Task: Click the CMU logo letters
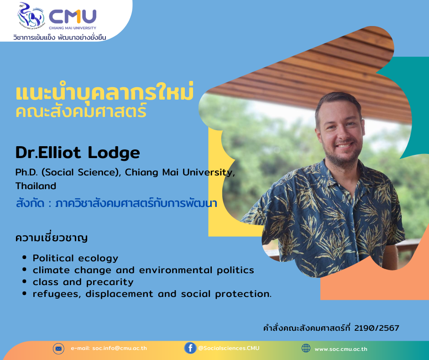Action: click(x=73, y=17)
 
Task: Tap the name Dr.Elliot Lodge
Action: click(x=78, y=152)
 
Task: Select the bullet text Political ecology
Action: click(x=75, y=258)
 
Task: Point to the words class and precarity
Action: click(x=83, y=282)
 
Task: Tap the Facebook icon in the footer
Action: click(x=190, y=348)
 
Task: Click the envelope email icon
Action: click(x=58, y=349)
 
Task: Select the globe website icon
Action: click(x=306, y=348)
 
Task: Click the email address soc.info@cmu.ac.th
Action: click(x=120, y=348)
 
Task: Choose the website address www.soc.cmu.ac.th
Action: click(x=341, y=349)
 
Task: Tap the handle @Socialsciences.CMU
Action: click(x=229, y=348)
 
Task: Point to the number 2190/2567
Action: click(x=377, y=328)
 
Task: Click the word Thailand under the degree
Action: click(x=36, y=186)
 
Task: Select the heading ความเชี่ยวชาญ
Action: click(x=52, y=237)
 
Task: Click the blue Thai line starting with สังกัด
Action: click(x=116, y=203)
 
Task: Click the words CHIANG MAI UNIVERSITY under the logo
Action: click(x=73, y=28)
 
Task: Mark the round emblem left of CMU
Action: click(x=31, y=15)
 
